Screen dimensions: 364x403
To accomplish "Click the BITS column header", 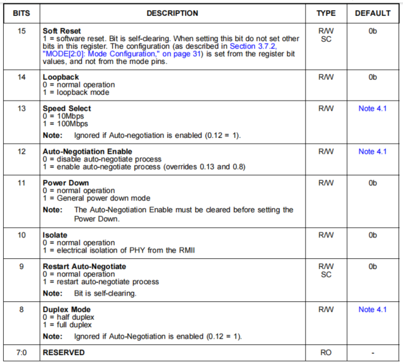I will point(21,13).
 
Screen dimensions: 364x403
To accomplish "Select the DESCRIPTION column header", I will point(172,13).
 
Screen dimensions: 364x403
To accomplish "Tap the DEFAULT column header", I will point(373,13).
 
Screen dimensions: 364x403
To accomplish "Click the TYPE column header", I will point(326,13).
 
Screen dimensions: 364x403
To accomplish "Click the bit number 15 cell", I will point(21,30).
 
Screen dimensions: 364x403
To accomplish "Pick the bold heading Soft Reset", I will point(62,30).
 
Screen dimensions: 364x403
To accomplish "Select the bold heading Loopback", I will point(60,77).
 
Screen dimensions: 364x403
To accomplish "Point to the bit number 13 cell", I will point(21,109).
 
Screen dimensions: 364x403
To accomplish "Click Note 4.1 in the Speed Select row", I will point(373,109).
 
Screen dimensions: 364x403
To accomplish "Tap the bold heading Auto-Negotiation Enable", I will point(87,152).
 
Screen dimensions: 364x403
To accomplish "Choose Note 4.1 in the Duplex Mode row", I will point(373,310).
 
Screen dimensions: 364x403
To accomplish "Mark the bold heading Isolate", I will point(56,235).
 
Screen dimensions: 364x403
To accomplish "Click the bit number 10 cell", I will point(21,235).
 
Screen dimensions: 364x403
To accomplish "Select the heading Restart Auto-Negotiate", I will point(84,267).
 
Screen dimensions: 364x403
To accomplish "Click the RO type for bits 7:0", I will point(326,353).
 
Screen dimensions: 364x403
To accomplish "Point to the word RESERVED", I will point(63,353).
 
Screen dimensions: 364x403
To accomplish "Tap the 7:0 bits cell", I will point(21,353).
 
